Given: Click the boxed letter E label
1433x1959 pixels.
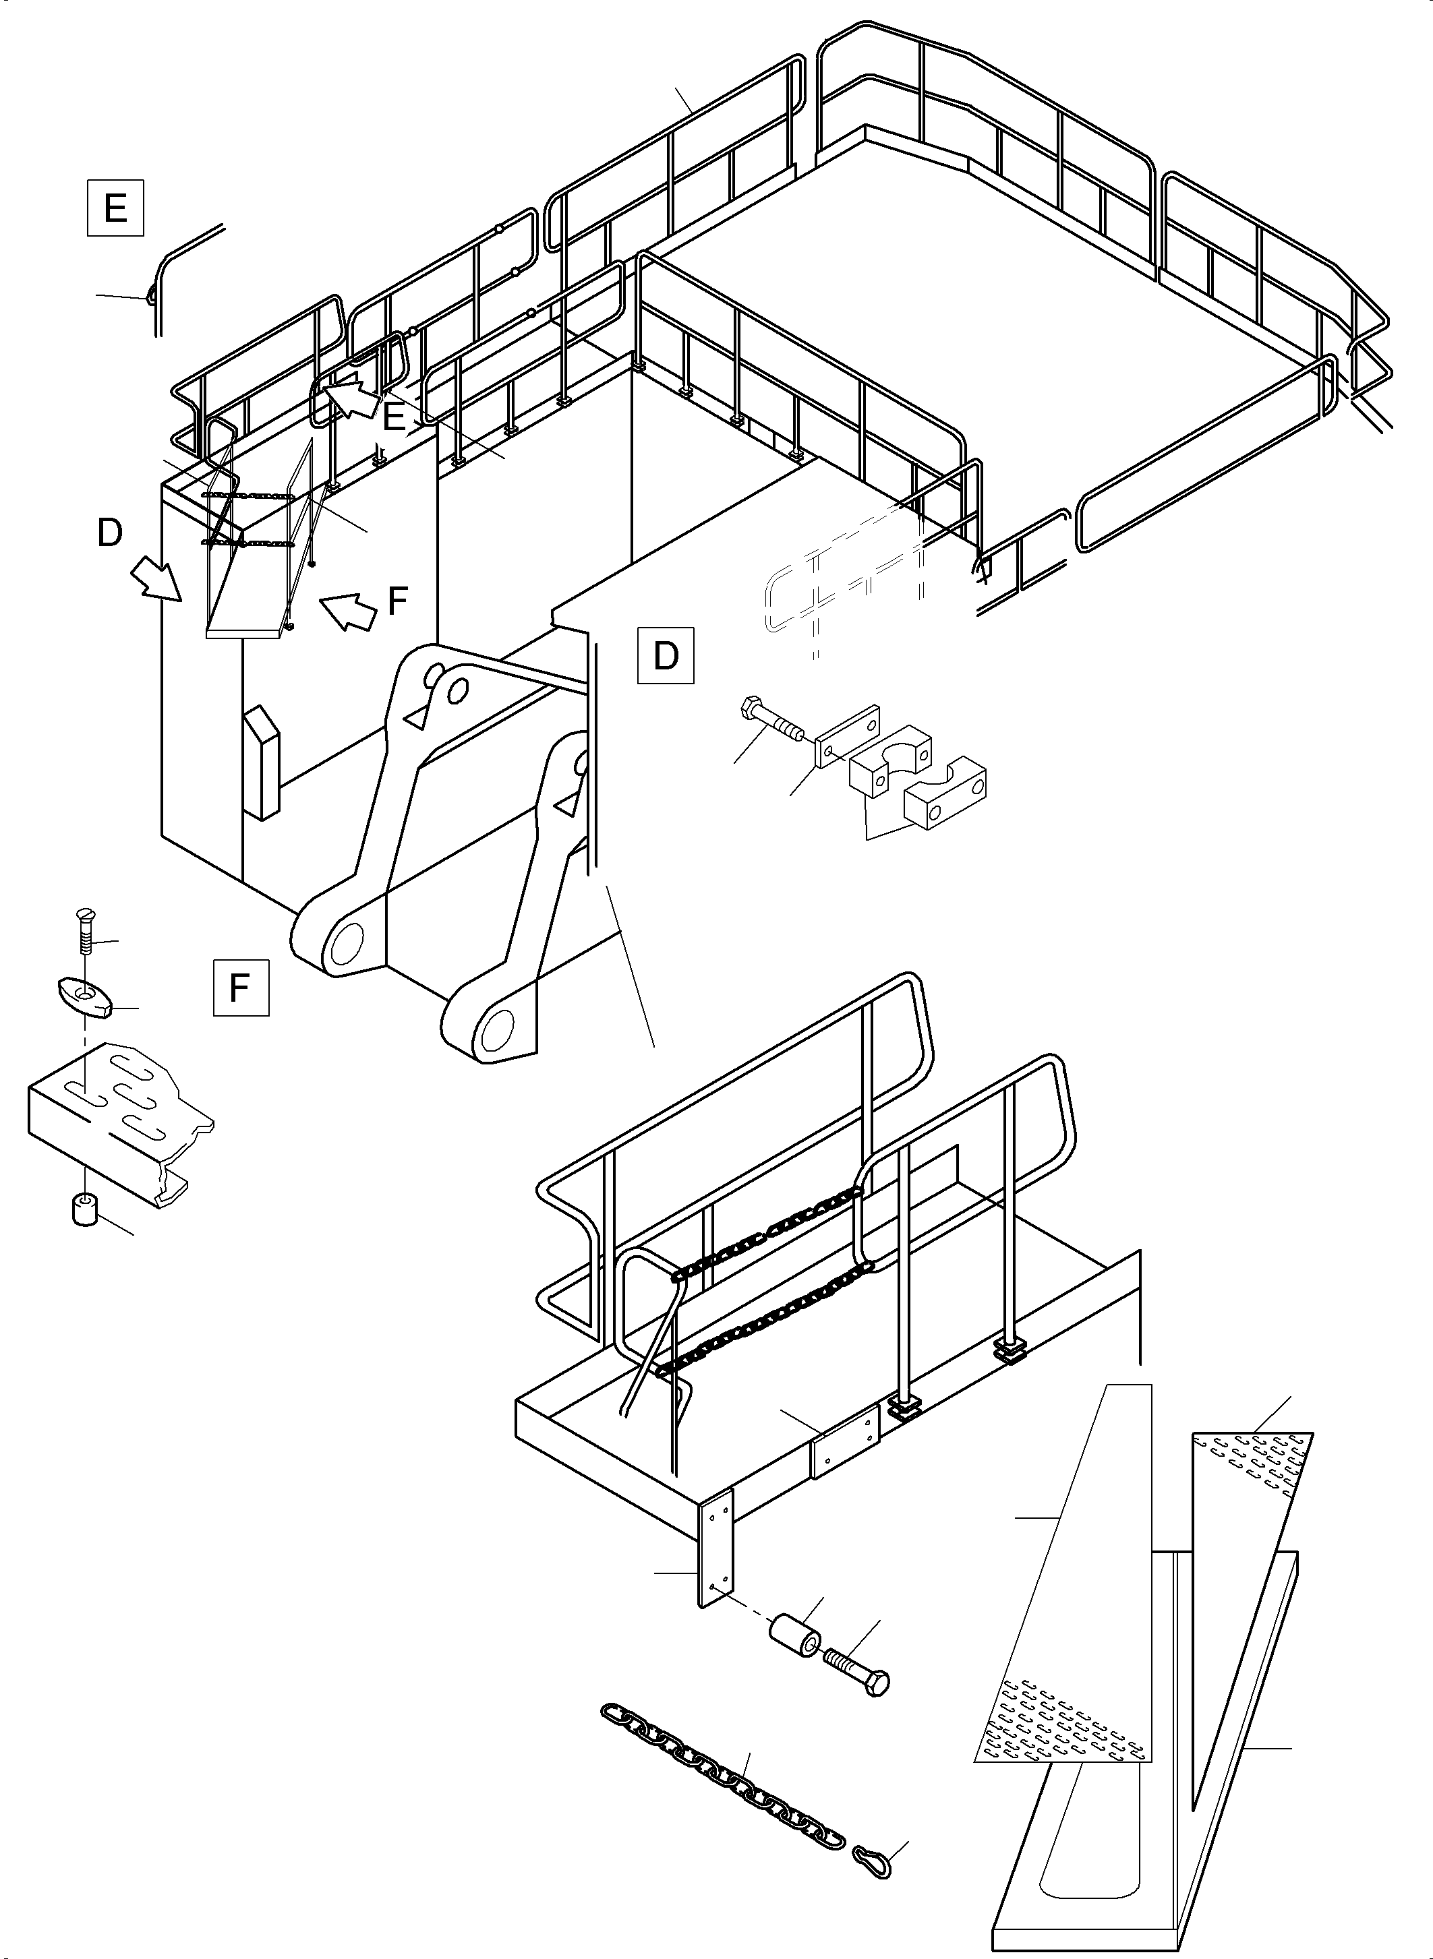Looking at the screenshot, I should (115, 208).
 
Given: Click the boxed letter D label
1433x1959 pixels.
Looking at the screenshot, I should (666, 656).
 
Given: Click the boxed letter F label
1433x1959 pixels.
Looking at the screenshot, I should (240, 987).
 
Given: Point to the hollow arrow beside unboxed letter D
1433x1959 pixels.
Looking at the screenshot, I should (157, 579).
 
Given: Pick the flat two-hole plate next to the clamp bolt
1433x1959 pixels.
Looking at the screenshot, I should (848, 735).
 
